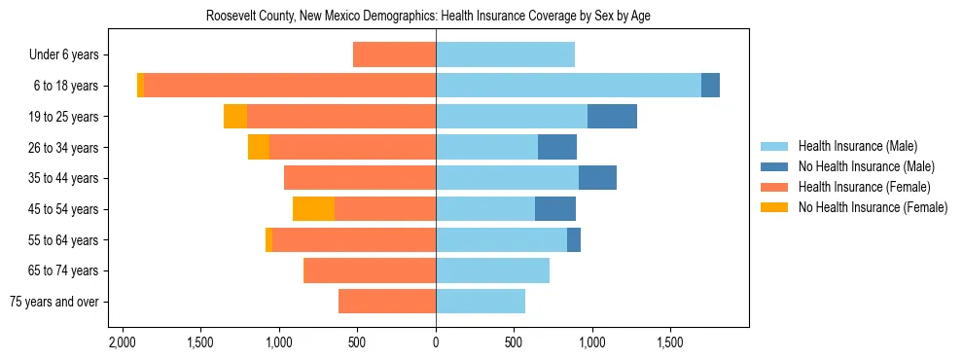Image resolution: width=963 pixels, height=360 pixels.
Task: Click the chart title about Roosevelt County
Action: point(435,17)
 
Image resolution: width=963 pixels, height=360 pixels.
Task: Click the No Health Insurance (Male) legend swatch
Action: point(774,166)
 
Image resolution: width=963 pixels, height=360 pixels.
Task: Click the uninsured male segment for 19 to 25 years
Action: point(612,117)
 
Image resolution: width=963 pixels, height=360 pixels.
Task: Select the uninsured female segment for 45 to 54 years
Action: point(313,209)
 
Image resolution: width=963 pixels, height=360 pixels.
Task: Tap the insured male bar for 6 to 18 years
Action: point(568,86)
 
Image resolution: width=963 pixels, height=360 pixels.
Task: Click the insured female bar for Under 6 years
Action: point(394,54)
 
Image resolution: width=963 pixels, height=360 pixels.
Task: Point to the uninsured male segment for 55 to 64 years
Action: point(574,239)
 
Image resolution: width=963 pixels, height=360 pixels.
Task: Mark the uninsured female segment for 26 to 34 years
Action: point(259,147)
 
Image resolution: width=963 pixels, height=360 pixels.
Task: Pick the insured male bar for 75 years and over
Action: point(481,302)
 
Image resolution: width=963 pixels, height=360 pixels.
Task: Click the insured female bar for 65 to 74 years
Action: point(370,270)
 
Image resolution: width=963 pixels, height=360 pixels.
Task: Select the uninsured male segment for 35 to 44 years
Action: point(597,178)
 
